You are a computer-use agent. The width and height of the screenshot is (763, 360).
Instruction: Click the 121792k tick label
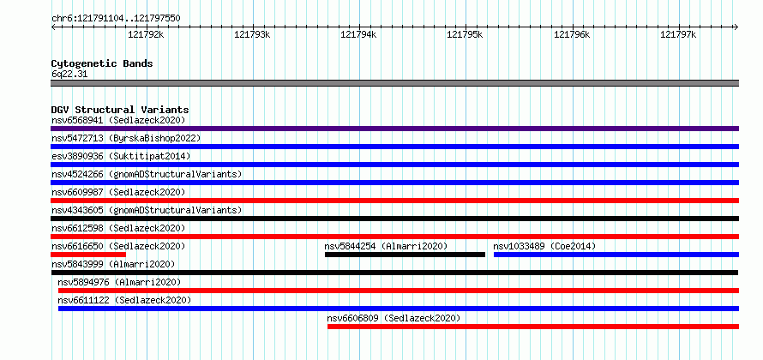pos(146,34)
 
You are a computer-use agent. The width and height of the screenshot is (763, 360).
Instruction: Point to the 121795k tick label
pos(465,34)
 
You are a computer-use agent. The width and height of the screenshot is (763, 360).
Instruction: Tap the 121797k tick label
pos(678,34)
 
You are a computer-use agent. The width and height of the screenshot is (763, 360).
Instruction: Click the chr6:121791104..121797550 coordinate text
pos(116,19)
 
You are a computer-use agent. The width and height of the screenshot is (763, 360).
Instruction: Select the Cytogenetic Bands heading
pos(102,63)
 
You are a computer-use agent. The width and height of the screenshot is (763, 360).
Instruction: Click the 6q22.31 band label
pos(69,75)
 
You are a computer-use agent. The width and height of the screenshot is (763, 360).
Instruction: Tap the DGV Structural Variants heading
pos(120,110)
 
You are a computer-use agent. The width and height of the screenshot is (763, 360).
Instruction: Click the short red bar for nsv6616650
pos(88,255)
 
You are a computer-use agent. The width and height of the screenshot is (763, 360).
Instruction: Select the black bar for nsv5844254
pos(405,255)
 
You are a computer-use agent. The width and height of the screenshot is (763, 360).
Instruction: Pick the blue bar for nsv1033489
pos(616,255)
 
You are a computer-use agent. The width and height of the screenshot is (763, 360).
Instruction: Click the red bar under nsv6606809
pos(533,327)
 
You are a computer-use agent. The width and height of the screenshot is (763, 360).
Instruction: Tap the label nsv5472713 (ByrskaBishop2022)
pos(126,138)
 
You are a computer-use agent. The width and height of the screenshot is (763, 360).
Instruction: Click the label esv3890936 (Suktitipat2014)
pos(121,156)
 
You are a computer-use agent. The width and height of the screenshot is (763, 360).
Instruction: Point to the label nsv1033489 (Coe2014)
pos(544,246)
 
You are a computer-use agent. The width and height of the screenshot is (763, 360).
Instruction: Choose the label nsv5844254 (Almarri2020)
pos(386,246)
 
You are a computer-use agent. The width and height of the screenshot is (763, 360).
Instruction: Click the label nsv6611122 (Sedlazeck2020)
pos(124,300)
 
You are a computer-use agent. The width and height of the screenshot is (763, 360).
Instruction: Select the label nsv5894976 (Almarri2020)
pos(119,282)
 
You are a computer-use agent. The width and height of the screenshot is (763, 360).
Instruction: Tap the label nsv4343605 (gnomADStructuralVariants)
pos(147,210)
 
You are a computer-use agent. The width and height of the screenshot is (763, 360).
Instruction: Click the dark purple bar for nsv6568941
pos(394,129)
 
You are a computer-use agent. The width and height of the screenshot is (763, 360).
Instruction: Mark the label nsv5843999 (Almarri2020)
pos(113,264)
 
